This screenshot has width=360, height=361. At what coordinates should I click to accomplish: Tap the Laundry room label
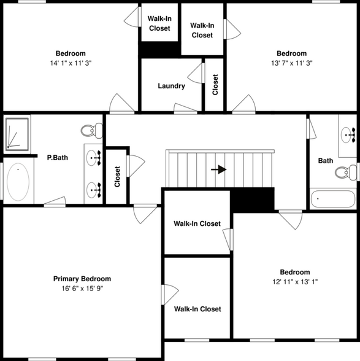[171, 86]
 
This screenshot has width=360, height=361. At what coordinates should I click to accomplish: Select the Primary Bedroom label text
[82, 279]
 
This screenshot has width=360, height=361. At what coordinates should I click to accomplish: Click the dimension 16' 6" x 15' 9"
[82, 289]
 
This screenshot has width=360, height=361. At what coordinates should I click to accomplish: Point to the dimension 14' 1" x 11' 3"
[71, 63]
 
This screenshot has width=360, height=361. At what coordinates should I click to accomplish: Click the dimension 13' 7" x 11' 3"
[291, 63]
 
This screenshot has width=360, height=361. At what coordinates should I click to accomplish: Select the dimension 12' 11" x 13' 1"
[295, 282]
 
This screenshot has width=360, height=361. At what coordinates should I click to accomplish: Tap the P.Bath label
[58, 158]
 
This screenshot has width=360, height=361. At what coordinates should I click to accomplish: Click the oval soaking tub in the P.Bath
[18, 182]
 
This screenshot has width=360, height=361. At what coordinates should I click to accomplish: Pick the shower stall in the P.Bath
[18, 134]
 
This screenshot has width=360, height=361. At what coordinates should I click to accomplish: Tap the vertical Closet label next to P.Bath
[117, 177]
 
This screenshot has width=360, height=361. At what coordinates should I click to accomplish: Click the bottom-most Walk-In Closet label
[197, 309]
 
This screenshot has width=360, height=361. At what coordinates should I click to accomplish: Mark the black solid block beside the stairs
[251, 200]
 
